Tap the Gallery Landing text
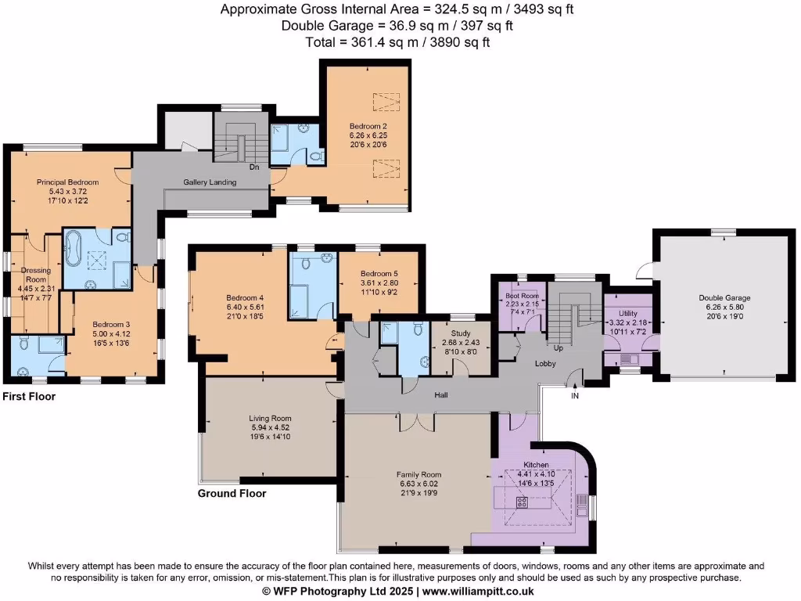(x=210, y=182)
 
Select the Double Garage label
(x=725, y=298)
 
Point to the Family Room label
(x=418, y=474)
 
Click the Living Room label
(x=270, y=419)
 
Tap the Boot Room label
(x=522, y=296)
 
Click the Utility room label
(x=628, y=313)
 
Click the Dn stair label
(x=254, y=166)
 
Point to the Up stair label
(x=559, y=347)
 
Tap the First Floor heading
(x=29, y=397)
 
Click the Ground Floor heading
(x=232, y=494)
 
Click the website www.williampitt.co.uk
(x=478, y=592)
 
